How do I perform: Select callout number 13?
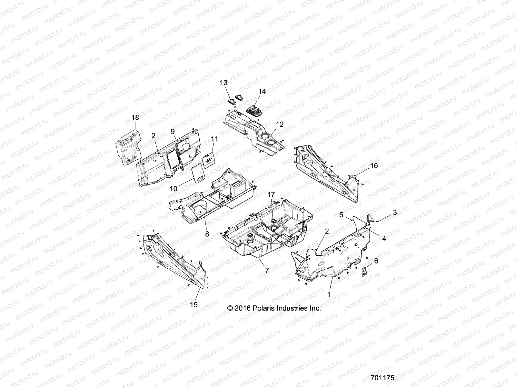click(233, 83)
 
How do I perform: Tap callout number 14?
click(262, 92)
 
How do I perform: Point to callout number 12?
click(280, 124)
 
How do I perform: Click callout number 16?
click(374, 166)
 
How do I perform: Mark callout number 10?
click(174, 189)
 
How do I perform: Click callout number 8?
click(207, 234)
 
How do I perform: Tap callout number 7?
click(266, 271)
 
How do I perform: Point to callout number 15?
click(194, 304)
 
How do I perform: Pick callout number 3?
click(386, 213)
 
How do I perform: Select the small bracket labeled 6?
click(364, 271)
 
